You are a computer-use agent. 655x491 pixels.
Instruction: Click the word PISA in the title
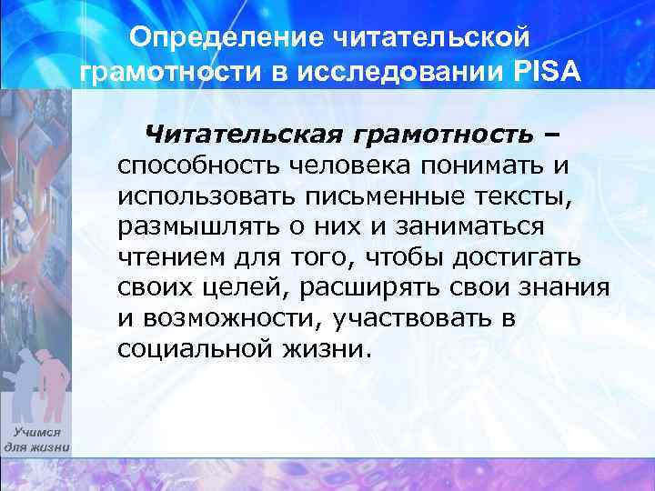[x=542, y=71]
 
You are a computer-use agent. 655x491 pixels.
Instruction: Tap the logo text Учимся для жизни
[x=36, y=441]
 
